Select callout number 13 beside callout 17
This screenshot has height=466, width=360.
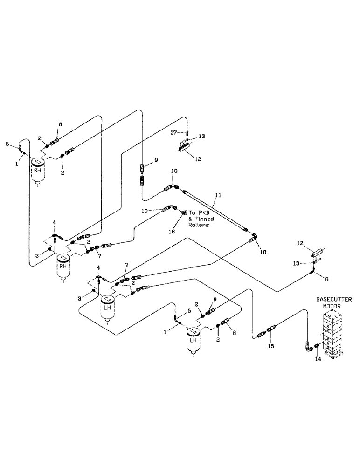click(201, 137)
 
